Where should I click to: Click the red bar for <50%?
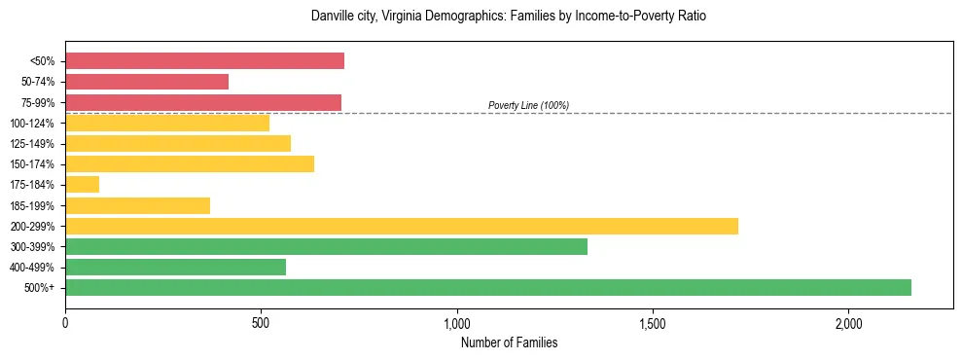pyautogui.click(x=204, y=61)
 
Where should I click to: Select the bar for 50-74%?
pyautogui.click(x=147, y=82)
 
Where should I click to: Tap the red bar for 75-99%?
pyautogui.click(x=203, y=102)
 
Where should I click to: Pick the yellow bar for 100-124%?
pyautogui.click(x=167, y=123)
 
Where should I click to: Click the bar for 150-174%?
pyautogui.click(x=190, y=163)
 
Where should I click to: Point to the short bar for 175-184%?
pyautogui.click(x=82, y=184)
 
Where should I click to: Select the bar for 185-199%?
pyautogui.click(x=137, y=205)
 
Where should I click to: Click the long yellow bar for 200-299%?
pyautogui.click(x=402, y=226)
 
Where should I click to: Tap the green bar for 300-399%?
pyautogui.click(x=326, y=246)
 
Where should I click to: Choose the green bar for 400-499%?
pyautogui.click(x=175, y=267)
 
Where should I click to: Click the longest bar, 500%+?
pyautogui.click(x=488, y=287)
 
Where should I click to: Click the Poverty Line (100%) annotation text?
pyautogui.click(x=528, y=105)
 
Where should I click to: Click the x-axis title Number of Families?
pyautogui.click(x=509, y=342)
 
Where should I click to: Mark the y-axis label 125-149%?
pyautogui.click(x=33, y=144)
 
